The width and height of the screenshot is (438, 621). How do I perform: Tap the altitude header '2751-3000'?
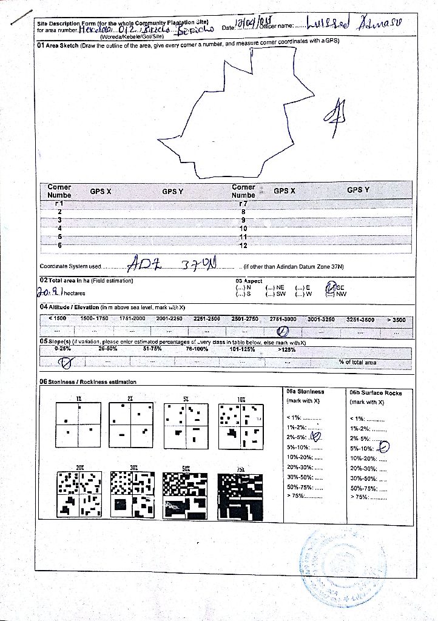pyautogui.click(x=283, y=318)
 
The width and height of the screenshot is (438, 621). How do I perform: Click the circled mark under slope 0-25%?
pyautogui.click(x=63, y=363)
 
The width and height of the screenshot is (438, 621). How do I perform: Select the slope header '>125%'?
pyautogui.click(x=287, y=349)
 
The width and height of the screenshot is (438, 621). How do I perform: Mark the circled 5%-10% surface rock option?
pyautogui.click(x=383, y=447)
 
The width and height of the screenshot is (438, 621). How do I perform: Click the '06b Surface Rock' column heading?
pyautogui.click(x=376, y=392)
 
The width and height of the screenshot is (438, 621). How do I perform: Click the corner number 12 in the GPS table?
pyautogui.click(x=243, y=245)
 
